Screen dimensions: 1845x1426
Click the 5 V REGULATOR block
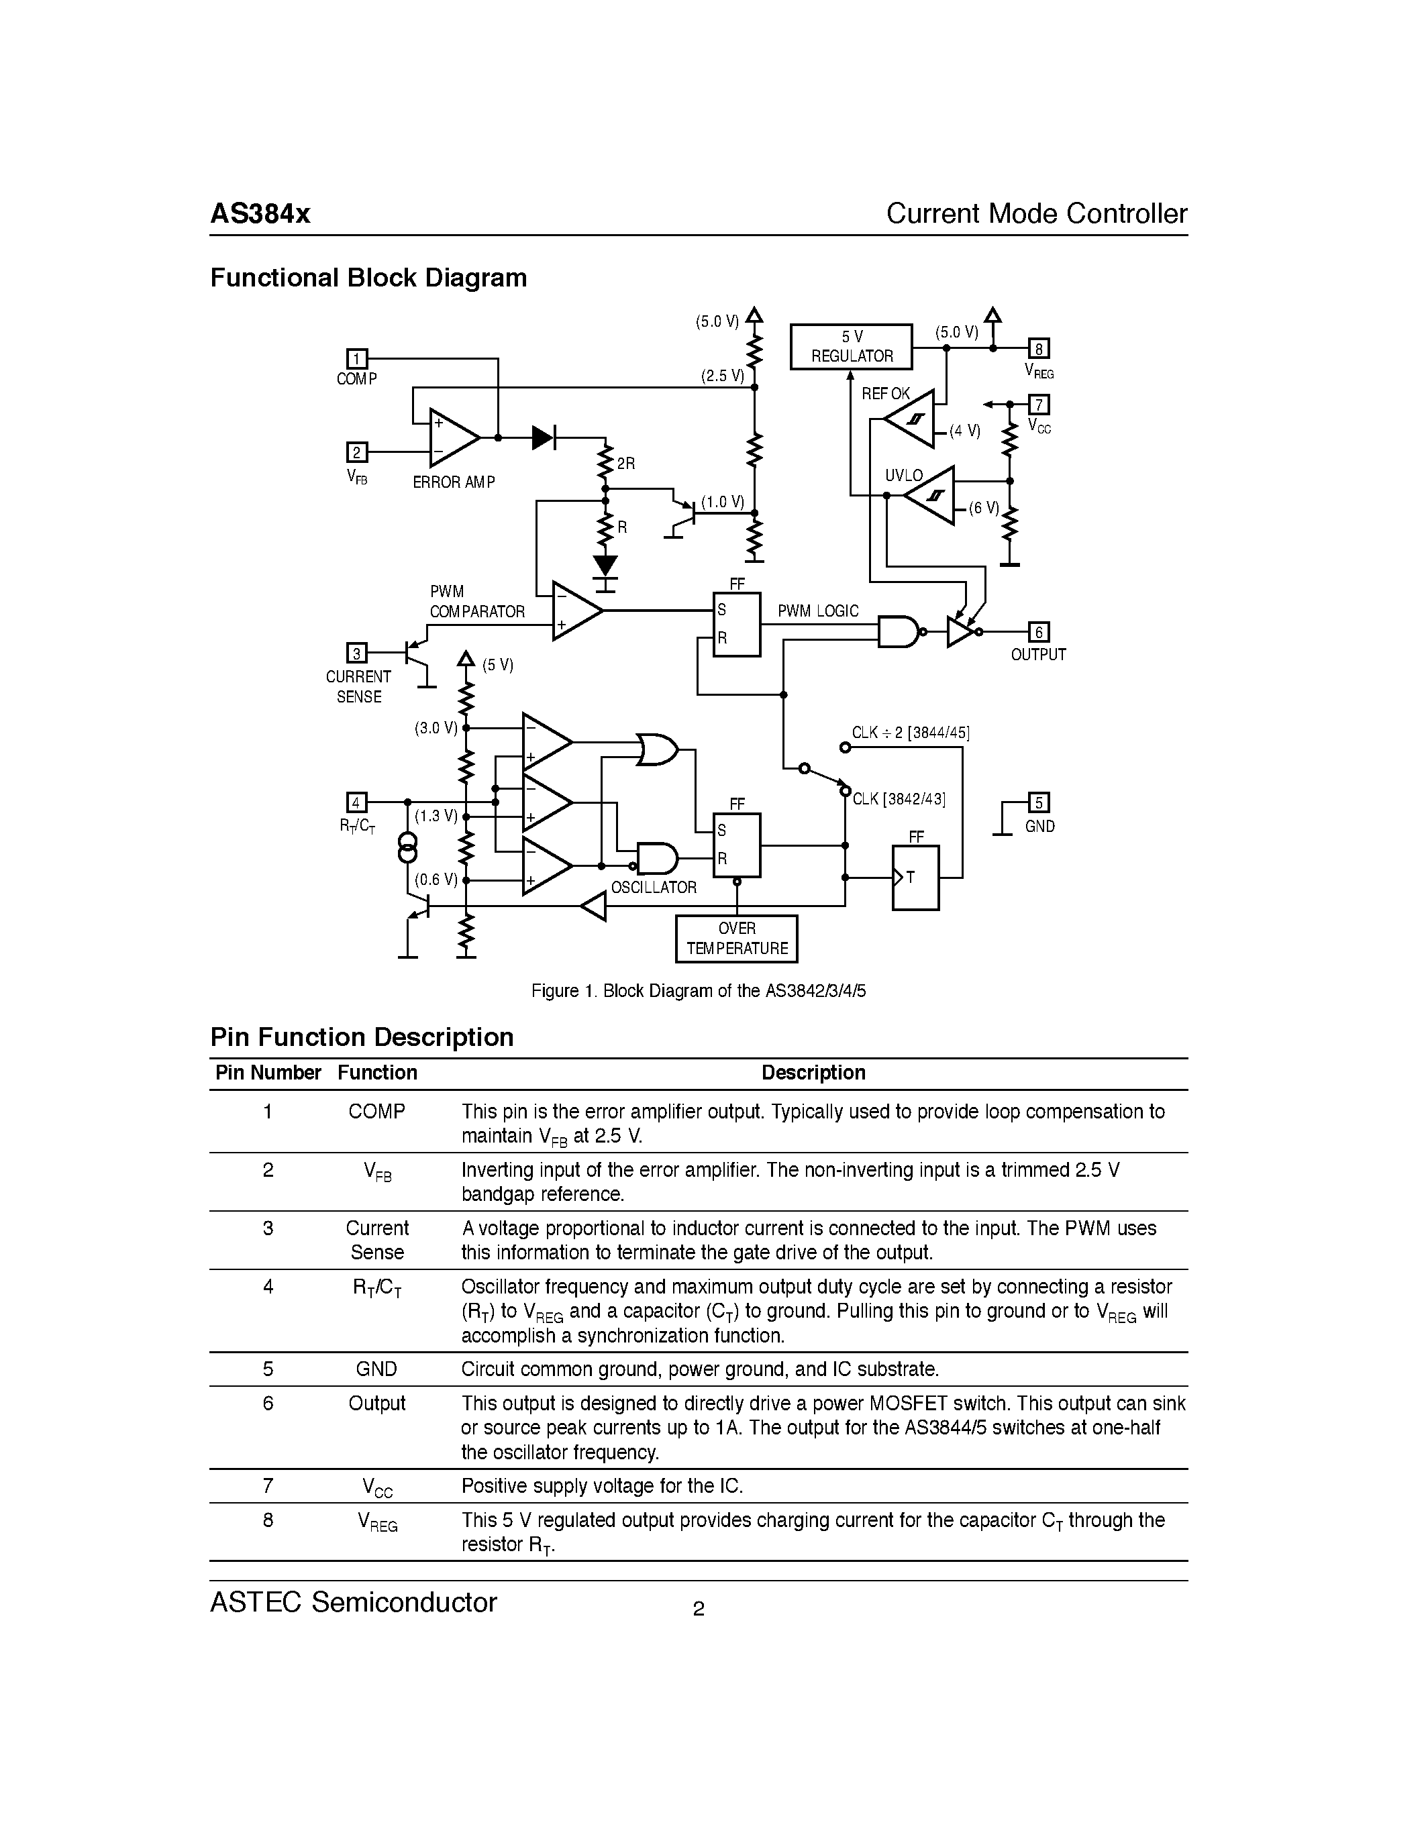851,346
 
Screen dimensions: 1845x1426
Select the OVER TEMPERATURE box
735,939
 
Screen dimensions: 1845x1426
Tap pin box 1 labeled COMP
358,359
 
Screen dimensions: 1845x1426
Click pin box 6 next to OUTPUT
1038,632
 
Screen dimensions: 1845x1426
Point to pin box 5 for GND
1038,802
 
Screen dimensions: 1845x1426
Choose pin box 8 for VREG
1038,348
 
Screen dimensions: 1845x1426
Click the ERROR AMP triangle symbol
452,437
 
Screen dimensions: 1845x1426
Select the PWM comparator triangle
574,610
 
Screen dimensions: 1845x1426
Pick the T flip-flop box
915,878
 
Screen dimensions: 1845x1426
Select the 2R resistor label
626,464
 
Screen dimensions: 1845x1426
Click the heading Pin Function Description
362,1037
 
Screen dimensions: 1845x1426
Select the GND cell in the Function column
376,1369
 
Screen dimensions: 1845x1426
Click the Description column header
813,1072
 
